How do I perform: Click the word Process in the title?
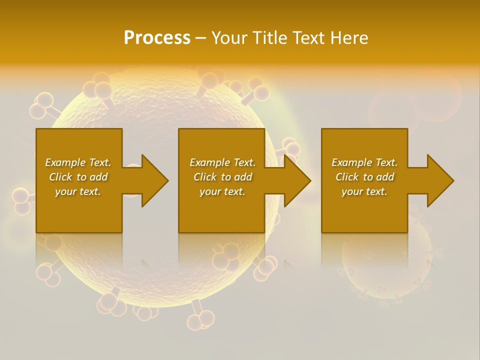[x=157, y=38]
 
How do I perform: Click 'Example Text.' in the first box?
[x=78, y=162]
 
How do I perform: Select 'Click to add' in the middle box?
[x=222, y=177]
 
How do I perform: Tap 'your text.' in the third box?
[x=364, y=191]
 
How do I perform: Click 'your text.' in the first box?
[x=78, y=191]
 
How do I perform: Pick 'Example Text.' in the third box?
[x=364, y=162]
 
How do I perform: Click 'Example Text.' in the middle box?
[x=222, y=162]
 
